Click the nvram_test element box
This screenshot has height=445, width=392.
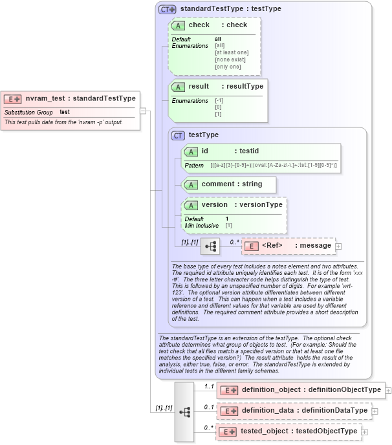(71, 99)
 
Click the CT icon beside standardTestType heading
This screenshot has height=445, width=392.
(168, 9)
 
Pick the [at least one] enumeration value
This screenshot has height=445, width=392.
(232, 52)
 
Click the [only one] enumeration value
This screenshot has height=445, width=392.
(228, 67)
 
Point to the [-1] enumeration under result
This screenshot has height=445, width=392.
(219, 101)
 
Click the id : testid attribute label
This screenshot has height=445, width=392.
(220, 151)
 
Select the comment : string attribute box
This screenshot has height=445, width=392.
(230, 184)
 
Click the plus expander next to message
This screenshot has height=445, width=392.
(338, 246)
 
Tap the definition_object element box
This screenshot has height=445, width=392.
(303, 390)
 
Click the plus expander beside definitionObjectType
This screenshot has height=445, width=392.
(388, 390)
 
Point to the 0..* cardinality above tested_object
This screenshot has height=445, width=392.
(208, 428)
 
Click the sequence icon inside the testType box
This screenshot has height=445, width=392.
(210, 246)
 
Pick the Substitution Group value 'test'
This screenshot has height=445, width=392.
(65, 113)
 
